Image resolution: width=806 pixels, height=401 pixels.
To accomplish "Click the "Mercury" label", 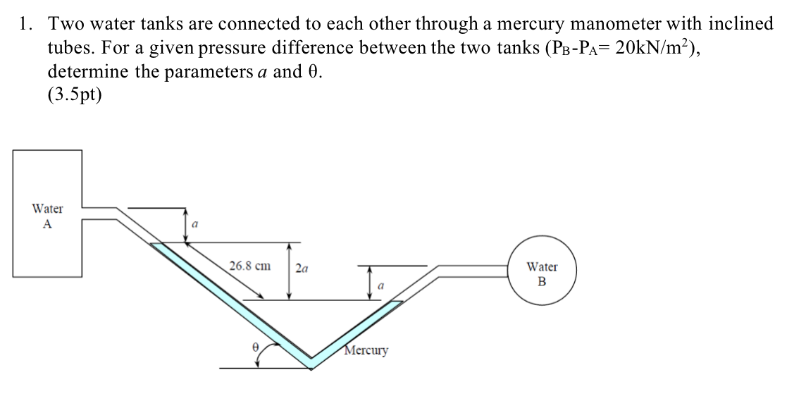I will tap(366, 350).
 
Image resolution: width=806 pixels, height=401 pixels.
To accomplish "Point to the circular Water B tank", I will tap(542, 274).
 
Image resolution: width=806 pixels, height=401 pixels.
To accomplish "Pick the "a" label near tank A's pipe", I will tap(195, 223).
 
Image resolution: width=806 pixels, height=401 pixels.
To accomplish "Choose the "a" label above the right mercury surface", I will tap(381, 285).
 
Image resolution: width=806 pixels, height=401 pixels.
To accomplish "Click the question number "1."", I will tap(26, 24).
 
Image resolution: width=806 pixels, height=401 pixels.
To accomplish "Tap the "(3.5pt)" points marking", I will tap(75, 95).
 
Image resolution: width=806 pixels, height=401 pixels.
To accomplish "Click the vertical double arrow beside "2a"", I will tap(287, 271).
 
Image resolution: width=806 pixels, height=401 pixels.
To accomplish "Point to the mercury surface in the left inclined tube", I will tap(161, 244).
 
